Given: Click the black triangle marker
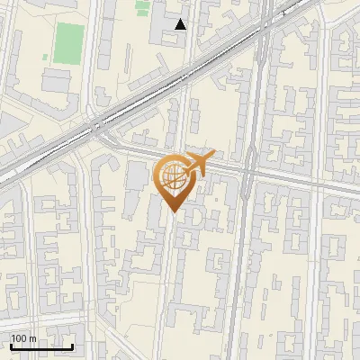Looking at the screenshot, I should (181, 24).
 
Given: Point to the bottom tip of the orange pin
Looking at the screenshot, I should (172, 212).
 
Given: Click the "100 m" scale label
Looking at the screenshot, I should (23, 338).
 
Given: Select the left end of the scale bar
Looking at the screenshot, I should (11, 346).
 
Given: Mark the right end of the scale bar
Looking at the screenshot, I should (73, 346).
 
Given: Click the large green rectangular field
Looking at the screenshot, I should (68, 43).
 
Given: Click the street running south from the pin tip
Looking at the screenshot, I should (166, 270).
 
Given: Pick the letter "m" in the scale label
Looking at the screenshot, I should (32, 338).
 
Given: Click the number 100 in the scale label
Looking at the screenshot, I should (19, 338).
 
